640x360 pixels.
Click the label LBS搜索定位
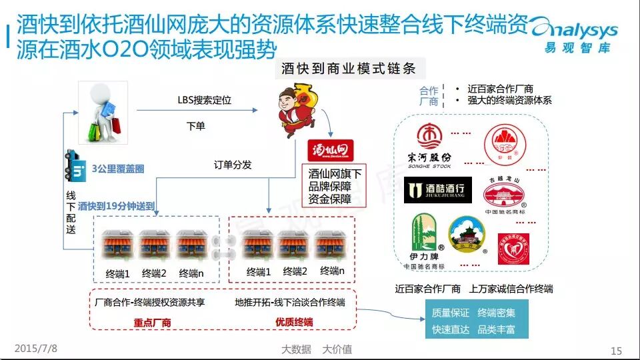[204, 100]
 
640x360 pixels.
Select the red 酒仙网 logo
[330, 149]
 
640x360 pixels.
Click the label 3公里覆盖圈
[118, 169]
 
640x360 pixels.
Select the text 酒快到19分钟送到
[116, 206]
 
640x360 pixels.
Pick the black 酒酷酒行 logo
[438, 190]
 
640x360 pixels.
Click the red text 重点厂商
[153, 322]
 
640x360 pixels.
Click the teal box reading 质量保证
[450, 313]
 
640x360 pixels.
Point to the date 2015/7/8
[36, 348]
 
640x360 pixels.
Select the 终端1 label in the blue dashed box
[118, 273]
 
